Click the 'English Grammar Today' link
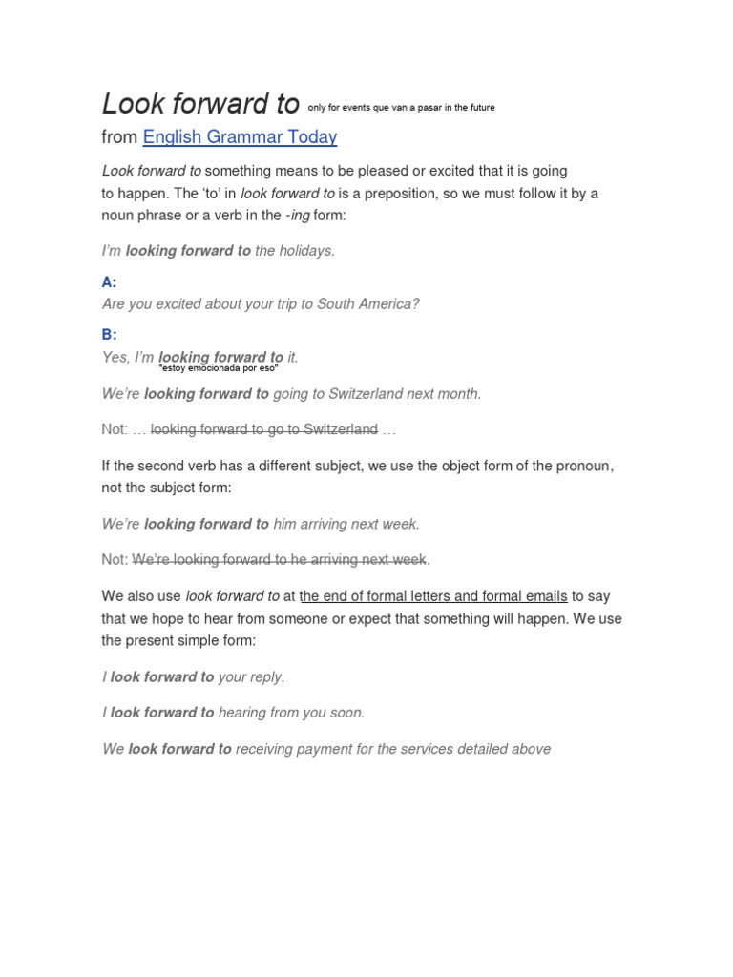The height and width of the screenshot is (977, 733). pyautogui.click(x=240, y=137)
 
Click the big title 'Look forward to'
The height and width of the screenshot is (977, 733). pyautogui.click(x=200, y=103)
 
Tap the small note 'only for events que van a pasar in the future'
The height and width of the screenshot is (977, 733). pyautogui.click(x=401, y=108)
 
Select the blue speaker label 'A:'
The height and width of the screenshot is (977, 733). pyautogui.click(x=109, y=282)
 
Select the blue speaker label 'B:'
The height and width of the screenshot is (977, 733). pyautogui.click(x=109, y=335)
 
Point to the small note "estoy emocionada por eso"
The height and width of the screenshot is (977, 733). pyautogui.click(x=218, y=367)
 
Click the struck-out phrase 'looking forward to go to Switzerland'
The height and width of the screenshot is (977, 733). pyautogui.click(x=264, y=429)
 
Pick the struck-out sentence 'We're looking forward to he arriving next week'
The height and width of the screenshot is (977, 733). pyautogui.click(x=280, y=559)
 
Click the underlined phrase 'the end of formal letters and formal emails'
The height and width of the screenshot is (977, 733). pyautogui.click(x=433, y=596)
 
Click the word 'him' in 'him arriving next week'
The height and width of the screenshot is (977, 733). pyautogui.click(x=285, y=524)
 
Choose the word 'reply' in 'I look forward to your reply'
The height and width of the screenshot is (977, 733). pyautogui.click(x=266, y=677)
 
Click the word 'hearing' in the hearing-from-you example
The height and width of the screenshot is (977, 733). pyautogui.click(x=242, y=713)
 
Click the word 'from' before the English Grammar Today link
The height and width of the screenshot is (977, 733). pyautogui.click(x=119, y=137)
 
